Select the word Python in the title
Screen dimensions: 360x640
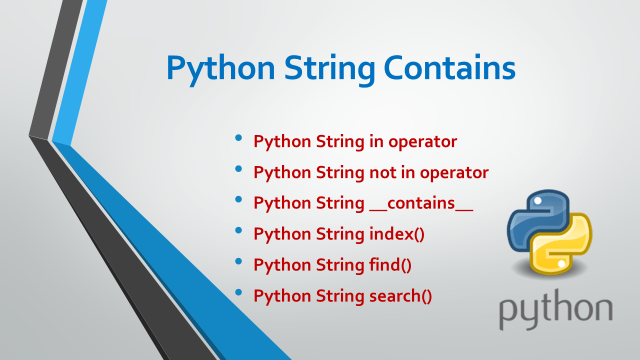click(220, 69)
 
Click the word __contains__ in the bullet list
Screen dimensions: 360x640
click(421, 203)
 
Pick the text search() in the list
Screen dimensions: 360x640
click(400, 296)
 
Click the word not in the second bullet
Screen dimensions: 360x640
click(382, 172)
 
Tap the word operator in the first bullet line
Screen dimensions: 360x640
click(422, 142)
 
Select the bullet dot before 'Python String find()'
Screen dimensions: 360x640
click(238, 261)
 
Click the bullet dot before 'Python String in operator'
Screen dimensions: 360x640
click(238, 137)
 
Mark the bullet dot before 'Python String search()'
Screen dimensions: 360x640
click(238, 292)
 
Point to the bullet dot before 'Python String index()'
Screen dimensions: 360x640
click(238, 230)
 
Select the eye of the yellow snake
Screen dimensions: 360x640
click(561, 263)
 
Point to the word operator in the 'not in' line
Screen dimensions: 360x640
click(454, 172)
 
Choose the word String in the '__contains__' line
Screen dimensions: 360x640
click(340, 203)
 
